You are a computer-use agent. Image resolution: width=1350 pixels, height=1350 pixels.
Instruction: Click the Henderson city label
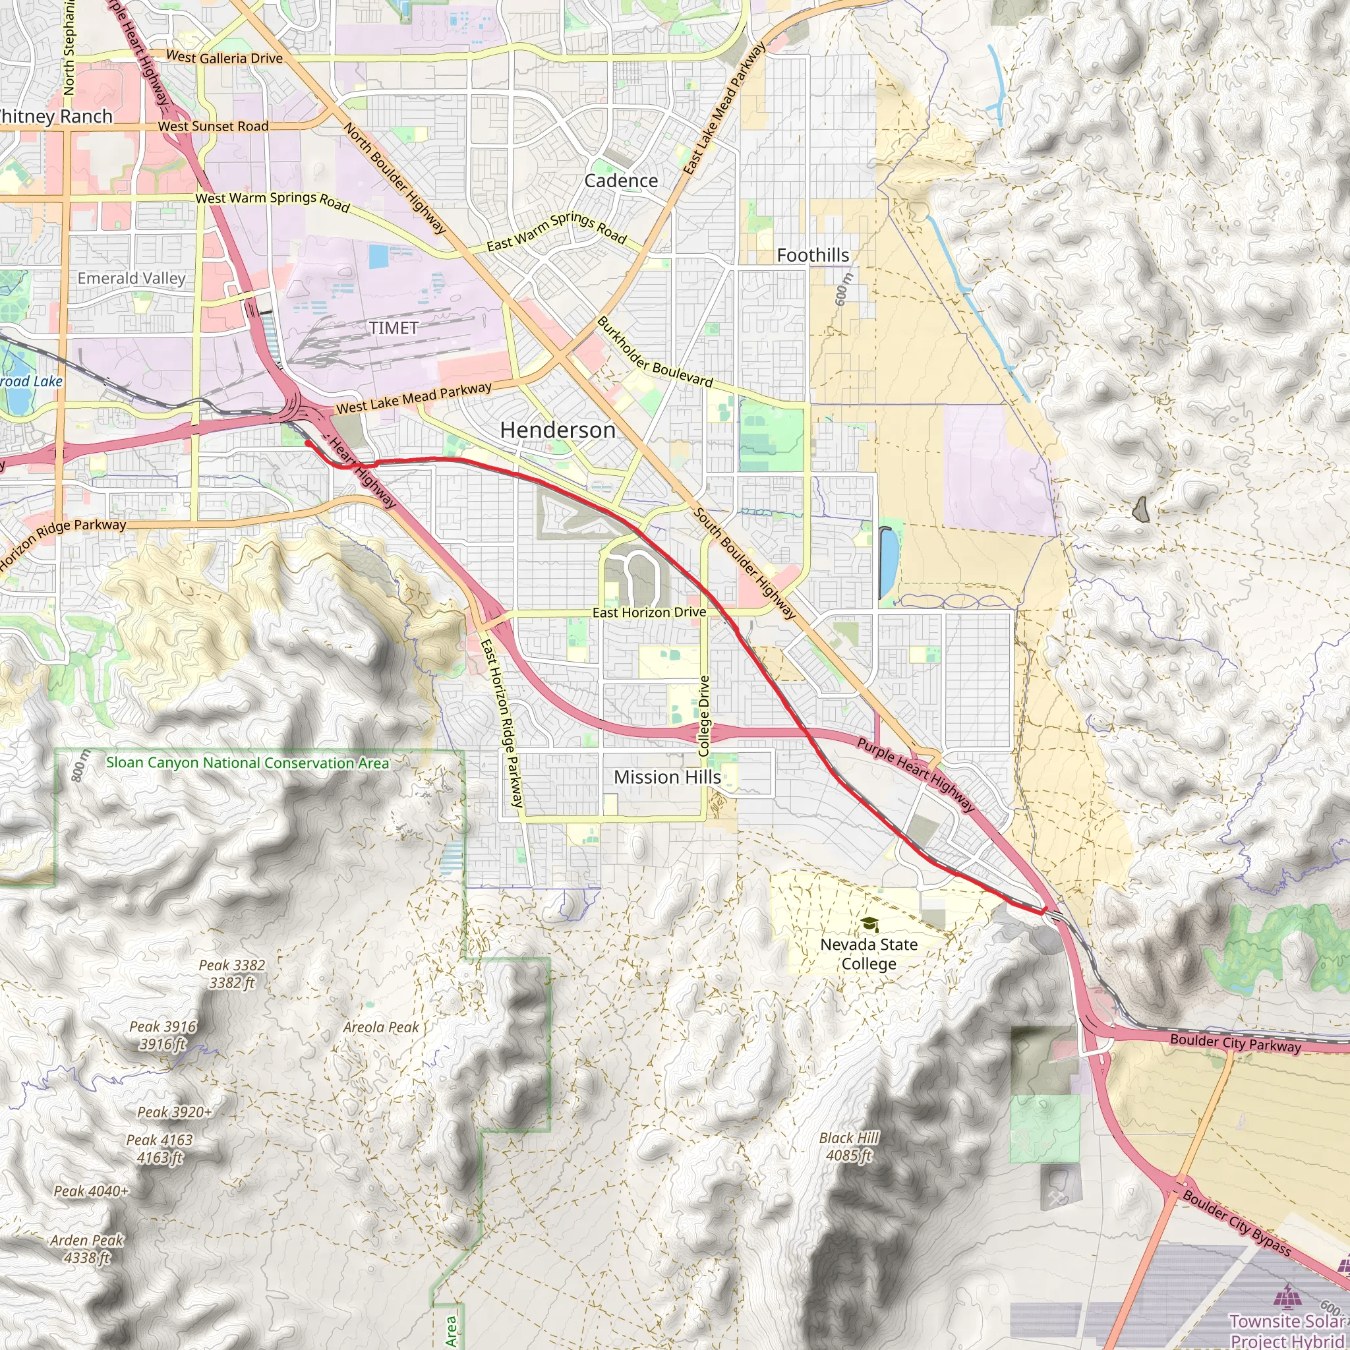(x=558, y=430)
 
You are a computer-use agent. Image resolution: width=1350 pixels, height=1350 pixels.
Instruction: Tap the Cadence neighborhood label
(x=620, y=181)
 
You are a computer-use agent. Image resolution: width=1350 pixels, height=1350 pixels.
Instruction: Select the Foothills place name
(x=813, y=256)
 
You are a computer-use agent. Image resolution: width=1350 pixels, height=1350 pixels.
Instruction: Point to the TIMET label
(x=394, y=328)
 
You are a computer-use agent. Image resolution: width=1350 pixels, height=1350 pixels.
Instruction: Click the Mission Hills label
(x=666, y=777)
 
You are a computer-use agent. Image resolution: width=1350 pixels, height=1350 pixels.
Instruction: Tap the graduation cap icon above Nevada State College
(x=869, y=924)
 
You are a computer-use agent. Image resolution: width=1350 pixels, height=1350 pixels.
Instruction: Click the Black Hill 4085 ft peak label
(x=848, y=1147)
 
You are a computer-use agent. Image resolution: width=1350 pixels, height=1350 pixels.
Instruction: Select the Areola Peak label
(x=381, y=1027)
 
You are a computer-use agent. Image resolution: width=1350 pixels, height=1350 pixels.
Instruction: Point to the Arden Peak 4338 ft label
(x=86, y=1248)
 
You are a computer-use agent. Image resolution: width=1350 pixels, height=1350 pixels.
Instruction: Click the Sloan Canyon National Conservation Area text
(x=247, y=763)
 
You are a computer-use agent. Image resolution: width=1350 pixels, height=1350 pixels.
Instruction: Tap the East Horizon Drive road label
(x=649, y=613)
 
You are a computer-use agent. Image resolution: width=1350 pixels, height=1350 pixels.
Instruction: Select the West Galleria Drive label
(x=224, y=57)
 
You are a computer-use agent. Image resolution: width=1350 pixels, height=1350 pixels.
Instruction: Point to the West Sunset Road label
(x=213, y=127)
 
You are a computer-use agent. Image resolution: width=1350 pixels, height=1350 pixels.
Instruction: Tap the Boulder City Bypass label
(x=1236, y=1222)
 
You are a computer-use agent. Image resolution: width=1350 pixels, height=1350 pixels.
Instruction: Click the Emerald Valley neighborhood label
(x=131, y=278)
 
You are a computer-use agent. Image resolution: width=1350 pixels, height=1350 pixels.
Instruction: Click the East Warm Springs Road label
(x=557, y=232)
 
